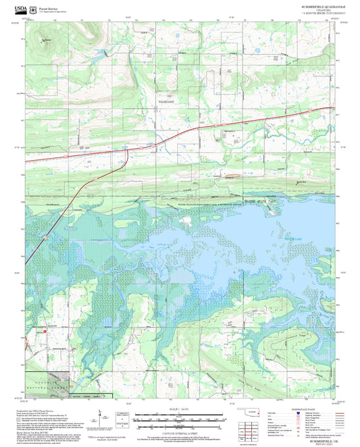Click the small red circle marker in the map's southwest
point(45,332)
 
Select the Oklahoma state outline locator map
point(253,413)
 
